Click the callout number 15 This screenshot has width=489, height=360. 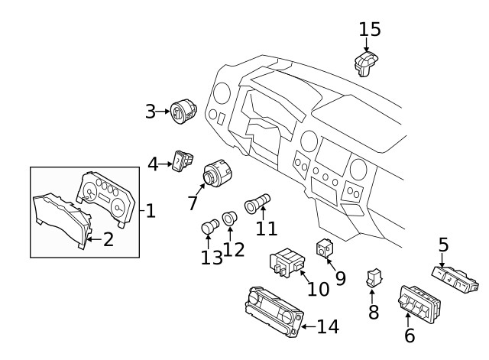(x=369, y=29)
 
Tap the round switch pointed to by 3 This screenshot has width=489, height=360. (x=183, y=113)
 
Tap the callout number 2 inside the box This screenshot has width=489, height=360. (x=108, y=239)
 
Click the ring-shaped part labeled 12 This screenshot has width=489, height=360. (x=229, y=221)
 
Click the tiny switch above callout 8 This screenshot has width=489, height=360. (x=374, y=279)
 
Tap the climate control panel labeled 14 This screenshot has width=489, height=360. (x=271, y=310)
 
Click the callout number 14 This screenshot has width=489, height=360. (x=327, y=327)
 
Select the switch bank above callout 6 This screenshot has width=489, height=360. (x=418, y=303)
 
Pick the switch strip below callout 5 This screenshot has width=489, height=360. (x=457, y=277)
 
